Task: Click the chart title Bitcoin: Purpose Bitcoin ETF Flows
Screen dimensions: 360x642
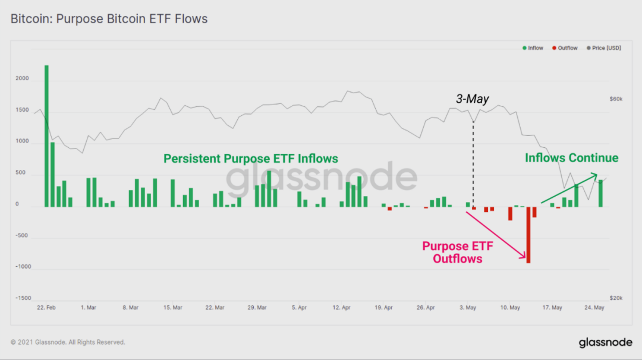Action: pyautogui.click(x=109, y=19)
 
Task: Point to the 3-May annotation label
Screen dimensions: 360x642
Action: pyautogui.click(x=473, y=99)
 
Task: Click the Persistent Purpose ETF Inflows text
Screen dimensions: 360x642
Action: pyautogui.click(x=251, y=159)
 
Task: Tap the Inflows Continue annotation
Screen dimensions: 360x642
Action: pyautogui.click(x=571, y=158)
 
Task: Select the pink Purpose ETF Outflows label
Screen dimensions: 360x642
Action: pyautogui.click(x=457, y=252)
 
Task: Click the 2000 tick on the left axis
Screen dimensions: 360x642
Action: pyautogui.click(x=21, y=79)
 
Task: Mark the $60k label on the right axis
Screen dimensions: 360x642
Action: pyautogui.click(x=616, y=99)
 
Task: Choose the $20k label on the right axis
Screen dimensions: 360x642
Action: pyautogui.click(x=616, y=298)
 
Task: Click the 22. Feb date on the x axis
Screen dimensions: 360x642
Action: pyautogui.click(x=46, y=308)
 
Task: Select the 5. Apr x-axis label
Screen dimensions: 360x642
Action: pyautogui.click(x=299, y=308)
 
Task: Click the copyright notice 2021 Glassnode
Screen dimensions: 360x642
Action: pyautogui.click(x=68, y=342)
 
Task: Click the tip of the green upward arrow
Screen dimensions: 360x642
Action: pyautogui.click(x=597, y=174)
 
